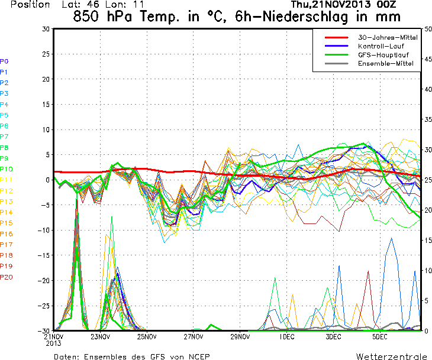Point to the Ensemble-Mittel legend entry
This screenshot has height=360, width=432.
[383, 63]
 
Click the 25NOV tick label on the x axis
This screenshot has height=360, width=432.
[147, 337]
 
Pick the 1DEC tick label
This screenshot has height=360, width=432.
[287, 337]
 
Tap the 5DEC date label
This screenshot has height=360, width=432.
[380, 337]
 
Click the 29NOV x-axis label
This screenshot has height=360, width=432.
[240, 337]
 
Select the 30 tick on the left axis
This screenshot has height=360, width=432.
[46, 29]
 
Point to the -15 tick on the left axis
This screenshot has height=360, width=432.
[43, 255]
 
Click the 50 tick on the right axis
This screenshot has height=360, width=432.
[427, 29]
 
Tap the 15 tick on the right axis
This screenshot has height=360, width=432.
[427, 240]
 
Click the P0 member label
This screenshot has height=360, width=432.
[4, 61]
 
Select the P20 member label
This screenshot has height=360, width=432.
[7, 277]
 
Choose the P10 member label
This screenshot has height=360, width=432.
[7, 169]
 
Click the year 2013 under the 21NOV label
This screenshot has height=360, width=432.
[54, 343]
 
